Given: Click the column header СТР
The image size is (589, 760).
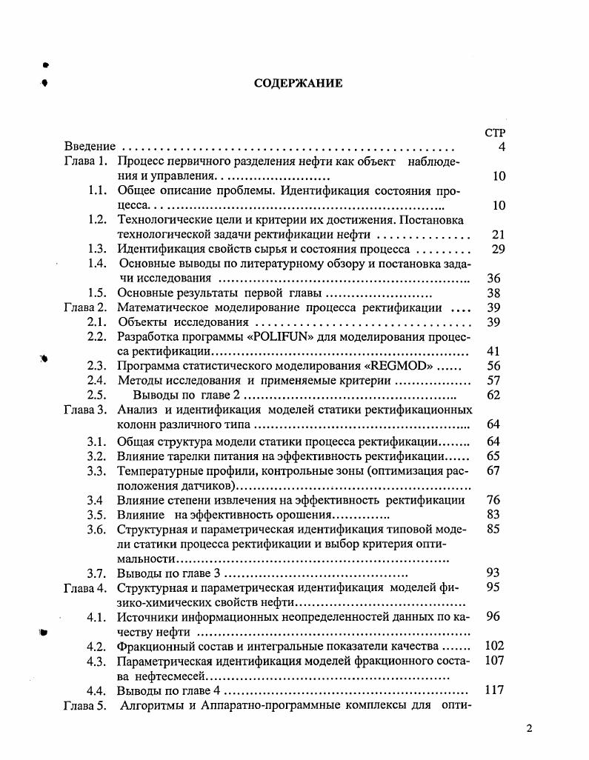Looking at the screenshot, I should pyautogui.click(x=494, y=133).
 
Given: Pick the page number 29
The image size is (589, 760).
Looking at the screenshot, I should pyautogui.click(x=498, y=249).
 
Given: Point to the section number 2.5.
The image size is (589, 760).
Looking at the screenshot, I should pyautogui.click(x=98, y=395).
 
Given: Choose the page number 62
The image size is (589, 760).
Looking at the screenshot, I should pyautogui.click(x=494, y=395).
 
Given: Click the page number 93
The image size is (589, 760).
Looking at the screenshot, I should pyautogui.click(x=494, y=573).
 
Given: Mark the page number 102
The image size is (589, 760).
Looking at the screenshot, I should pyautogui.click(x=494, y=645).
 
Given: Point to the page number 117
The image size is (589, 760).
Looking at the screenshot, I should pyautogui.click(x=494, y=690).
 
